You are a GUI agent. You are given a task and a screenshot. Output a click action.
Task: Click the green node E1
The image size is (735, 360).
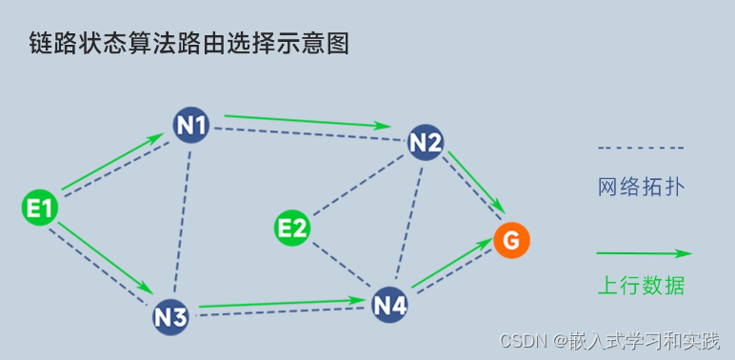[40, 208]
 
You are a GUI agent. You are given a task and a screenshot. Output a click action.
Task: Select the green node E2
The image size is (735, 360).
[292, 228]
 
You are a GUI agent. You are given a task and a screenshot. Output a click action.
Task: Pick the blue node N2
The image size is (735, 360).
[425, 143]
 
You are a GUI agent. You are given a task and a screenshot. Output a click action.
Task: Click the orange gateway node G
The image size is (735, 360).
[511, 241]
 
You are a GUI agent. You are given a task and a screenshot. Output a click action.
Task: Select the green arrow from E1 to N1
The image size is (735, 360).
[113, 160]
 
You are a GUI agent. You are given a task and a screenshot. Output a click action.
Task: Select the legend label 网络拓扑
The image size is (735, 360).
[640, 185]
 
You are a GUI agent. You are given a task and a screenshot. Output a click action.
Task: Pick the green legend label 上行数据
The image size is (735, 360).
[640, 285]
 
